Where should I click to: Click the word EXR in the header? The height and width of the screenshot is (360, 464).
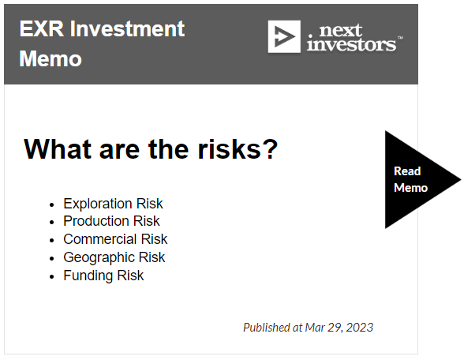click(x=41, y=29)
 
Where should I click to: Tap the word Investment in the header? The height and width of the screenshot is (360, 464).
click(x=127, y=29)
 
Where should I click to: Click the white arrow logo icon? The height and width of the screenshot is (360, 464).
click(x=284, y=36)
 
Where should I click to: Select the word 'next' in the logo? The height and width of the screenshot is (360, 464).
click(x=341, y=31)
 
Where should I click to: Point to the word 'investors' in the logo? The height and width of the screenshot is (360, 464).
click(x=352, y=44)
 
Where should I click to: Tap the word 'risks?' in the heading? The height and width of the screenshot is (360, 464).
click(x=238, y=149)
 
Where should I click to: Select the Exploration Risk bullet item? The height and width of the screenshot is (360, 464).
click(x=113, y=204)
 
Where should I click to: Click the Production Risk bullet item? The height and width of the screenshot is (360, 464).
click(x=111, y=221)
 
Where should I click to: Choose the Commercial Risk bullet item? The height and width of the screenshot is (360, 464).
click(x=115, y=239)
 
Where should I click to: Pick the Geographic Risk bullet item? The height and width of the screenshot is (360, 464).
click(x=114, y=257)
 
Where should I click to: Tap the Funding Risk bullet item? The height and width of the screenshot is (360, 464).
click(x=103, y=276)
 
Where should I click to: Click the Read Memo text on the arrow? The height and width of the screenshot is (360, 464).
click(x=410, y=179)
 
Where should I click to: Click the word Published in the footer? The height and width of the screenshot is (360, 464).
click(x=267, y=328)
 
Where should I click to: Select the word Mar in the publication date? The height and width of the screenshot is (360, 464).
click(x=315, y=328)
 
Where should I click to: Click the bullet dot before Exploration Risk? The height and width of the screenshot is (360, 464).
click(x=52, y=204)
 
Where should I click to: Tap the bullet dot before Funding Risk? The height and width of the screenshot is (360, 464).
click(x=52, y=277)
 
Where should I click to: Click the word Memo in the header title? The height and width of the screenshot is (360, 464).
click(x=51, y=59)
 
